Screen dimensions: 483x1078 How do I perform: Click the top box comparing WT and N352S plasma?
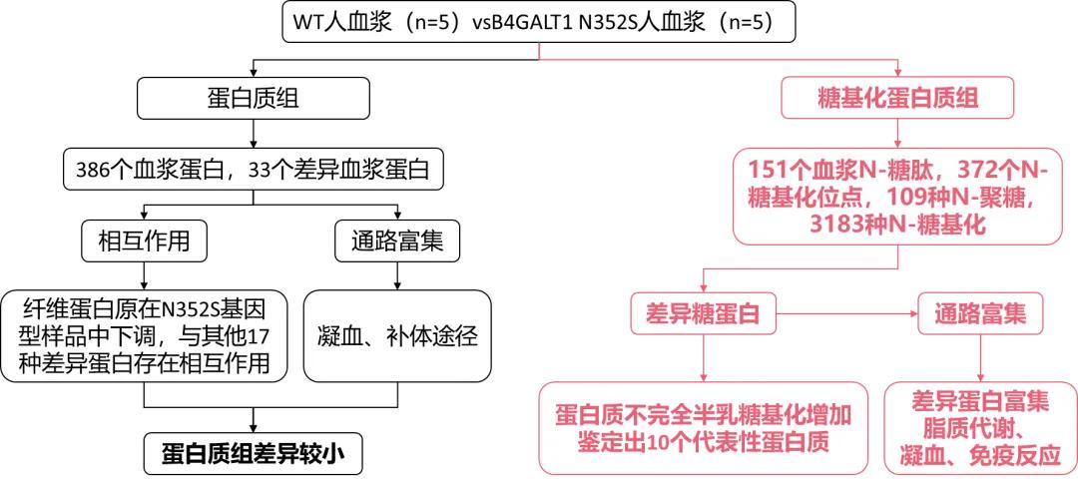click(540, 23)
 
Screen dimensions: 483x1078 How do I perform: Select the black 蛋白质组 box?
click(253, 97)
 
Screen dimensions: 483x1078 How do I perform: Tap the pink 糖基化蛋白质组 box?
click(901, 97)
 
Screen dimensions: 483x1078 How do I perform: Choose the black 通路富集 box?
click(396, 240)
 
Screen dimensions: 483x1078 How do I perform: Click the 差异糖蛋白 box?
click(706, 313)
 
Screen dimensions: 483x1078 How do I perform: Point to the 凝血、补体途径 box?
click(396, 335)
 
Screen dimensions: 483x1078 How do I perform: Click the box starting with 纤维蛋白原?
click(145, 335)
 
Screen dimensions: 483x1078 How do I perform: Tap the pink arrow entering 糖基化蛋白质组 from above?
click(901, 68)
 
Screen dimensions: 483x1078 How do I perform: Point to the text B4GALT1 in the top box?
click(531, 23)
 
